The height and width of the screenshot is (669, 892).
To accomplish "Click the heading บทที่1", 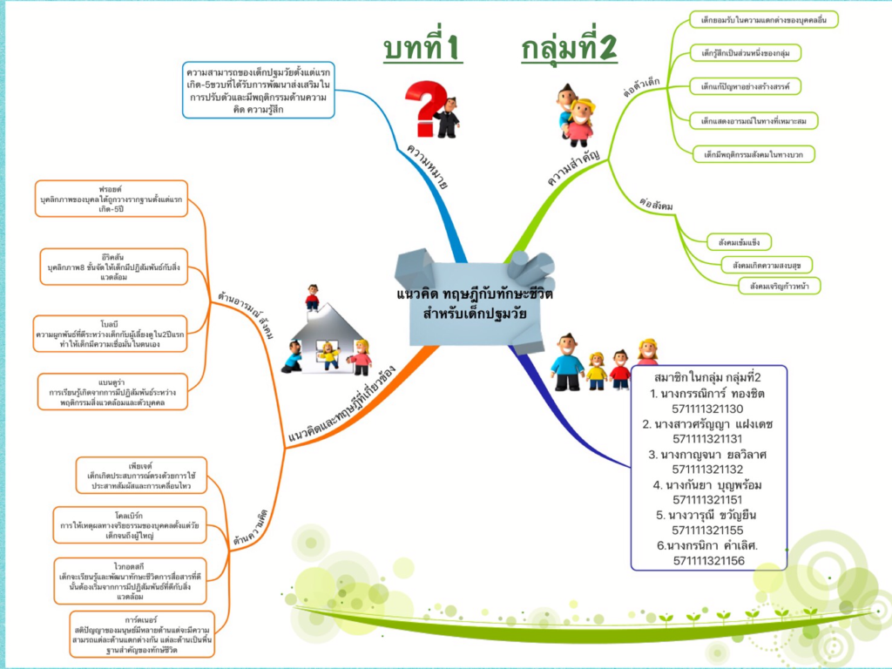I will tap(422, 49).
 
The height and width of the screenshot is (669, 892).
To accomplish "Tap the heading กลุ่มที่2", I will tap(569, 49).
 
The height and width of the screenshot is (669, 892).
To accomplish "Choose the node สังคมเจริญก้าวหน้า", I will tap(778, 285).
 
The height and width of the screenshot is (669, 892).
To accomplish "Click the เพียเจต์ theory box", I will tap(140, 475).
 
